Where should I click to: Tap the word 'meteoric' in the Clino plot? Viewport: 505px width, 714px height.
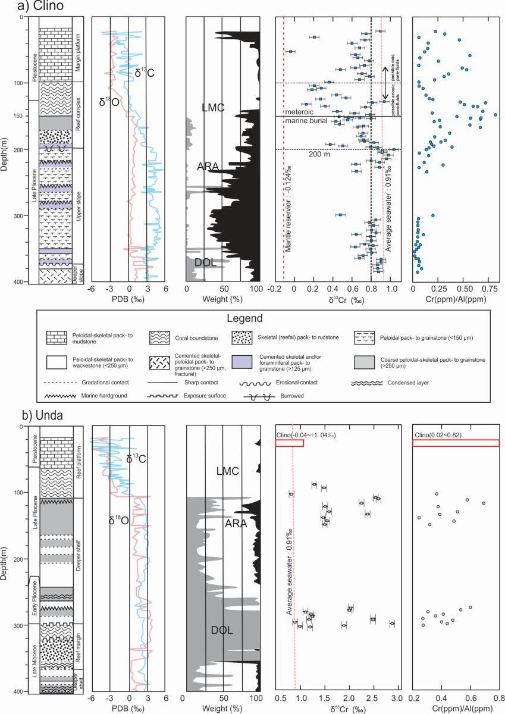299,112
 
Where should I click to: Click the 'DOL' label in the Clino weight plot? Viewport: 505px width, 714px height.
205,262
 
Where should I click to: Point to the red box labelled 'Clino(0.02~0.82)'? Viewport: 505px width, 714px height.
456,442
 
